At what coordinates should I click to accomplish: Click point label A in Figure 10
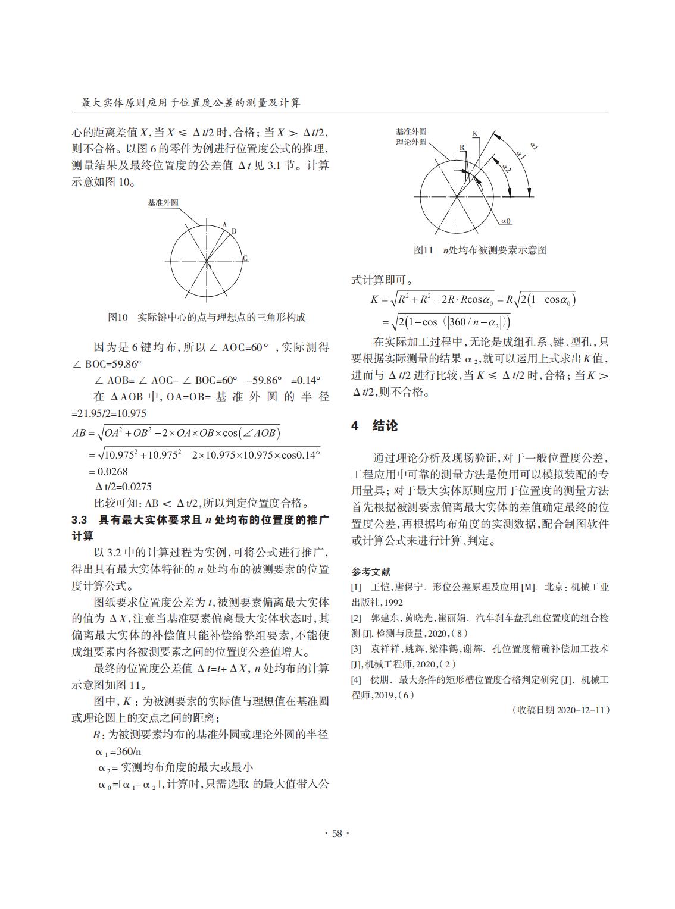224,224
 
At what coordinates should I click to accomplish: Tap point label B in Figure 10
234,231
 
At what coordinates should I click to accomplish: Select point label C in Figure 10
245,258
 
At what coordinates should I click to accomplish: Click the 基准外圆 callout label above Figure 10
162,203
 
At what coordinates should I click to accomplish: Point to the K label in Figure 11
474,134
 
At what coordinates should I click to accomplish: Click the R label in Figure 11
461,147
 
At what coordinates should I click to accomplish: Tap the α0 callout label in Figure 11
506,221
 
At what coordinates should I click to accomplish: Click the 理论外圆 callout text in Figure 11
411,142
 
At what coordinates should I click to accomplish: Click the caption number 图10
118,317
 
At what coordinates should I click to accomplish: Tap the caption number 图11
423,250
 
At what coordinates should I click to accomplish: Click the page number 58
337,833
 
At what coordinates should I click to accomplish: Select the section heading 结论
385,425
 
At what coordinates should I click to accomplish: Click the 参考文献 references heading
371,572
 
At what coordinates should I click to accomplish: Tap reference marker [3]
357,648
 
